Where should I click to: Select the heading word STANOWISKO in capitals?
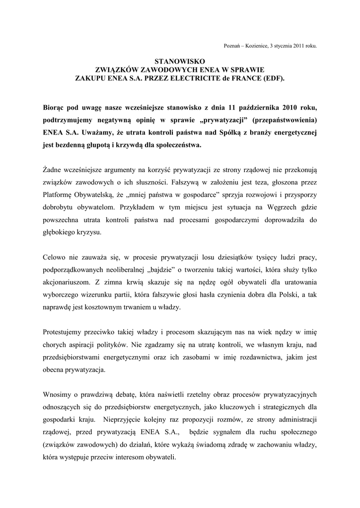[x=180, y=61]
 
